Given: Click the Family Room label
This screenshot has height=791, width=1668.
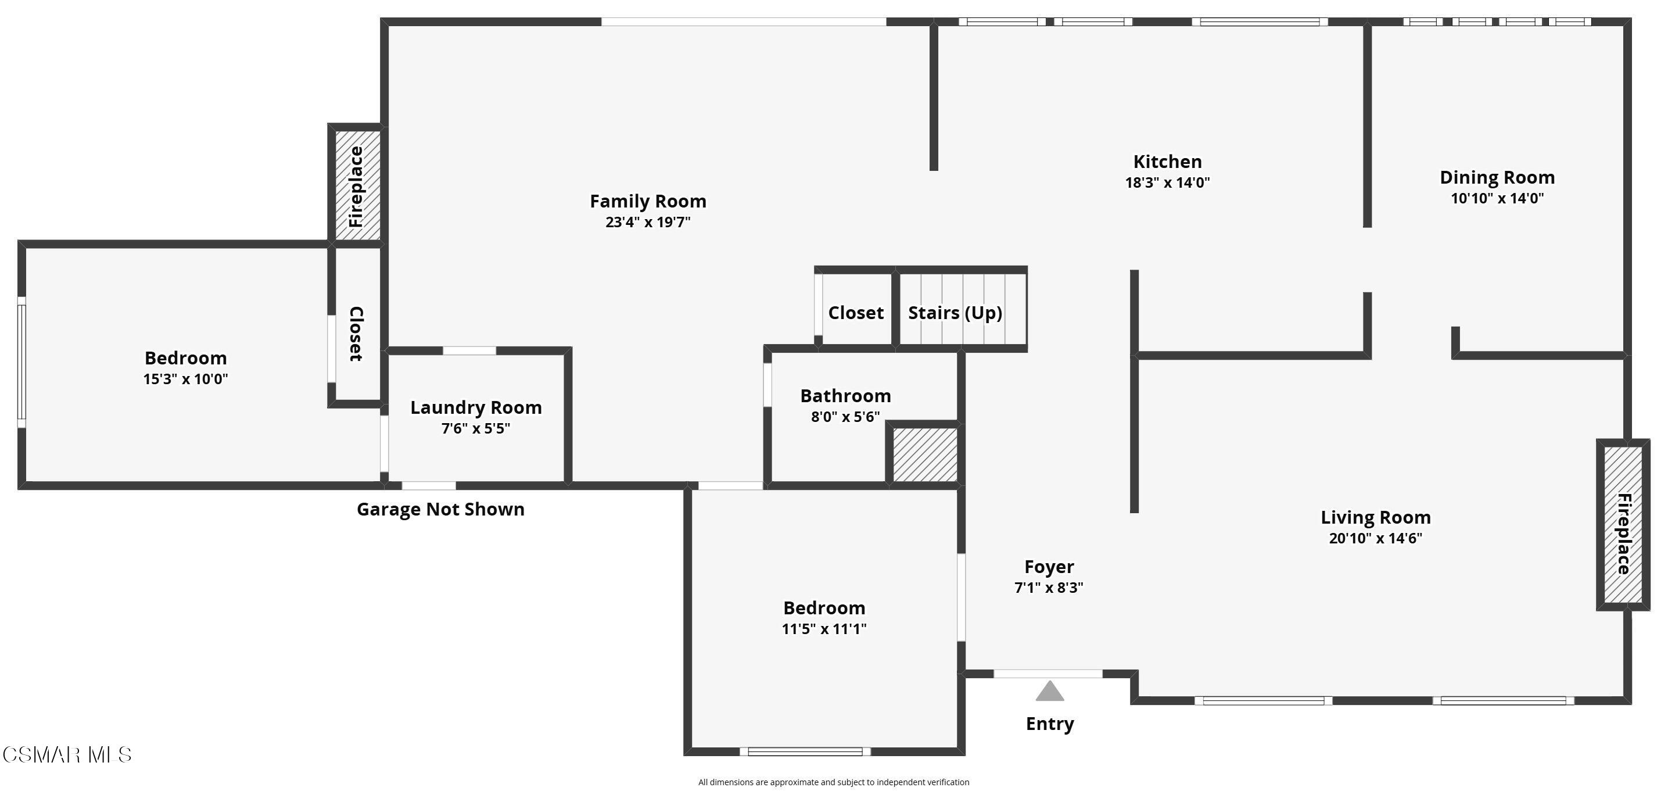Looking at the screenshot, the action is click(x=648, y=202).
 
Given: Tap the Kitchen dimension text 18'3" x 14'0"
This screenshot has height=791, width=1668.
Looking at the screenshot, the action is click(x=1167, y=182).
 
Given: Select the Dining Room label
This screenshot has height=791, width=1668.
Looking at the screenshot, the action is click(x=1497, y=177).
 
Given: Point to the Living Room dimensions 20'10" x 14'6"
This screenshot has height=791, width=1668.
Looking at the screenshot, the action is click(x=1375, y=538).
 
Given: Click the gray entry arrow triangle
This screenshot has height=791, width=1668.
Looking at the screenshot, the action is click(x=1050, y=692).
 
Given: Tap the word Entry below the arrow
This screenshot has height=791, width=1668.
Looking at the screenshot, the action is click(x=1050, y=724).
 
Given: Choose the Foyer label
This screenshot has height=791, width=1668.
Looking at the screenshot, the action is click(x=1049, y=567).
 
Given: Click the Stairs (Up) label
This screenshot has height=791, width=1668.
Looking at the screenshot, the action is click(x=955, y=313).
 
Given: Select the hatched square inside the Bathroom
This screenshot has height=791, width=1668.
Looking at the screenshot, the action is click(x=925, y=454).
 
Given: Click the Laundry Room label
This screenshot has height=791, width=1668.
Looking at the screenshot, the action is click(x=476, y=407).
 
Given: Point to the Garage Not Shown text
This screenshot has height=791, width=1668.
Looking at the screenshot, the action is click(x=440, y=509).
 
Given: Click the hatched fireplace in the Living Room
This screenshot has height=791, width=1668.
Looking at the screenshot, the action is click(x=1623, y=525).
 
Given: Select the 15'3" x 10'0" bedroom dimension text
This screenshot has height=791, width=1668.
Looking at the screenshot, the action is click(x=186, y=379).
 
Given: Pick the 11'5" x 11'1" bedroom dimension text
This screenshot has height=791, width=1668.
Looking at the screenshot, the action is click(x=824, y=629).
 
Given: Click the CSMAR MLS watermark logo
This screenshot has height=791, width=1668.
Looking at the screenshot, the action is click(x=67, y=755).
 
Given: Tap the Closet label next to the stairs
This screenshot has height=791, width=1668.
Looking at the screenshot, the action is click(x=856, y=313).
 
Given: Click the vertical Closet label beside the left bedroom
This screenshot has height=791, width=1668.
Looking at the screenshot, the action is click(x=357, y=334).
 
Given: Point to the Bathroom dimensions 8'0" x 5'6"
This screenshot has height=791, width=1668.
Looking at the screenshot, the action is click(x=846, y=417).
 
